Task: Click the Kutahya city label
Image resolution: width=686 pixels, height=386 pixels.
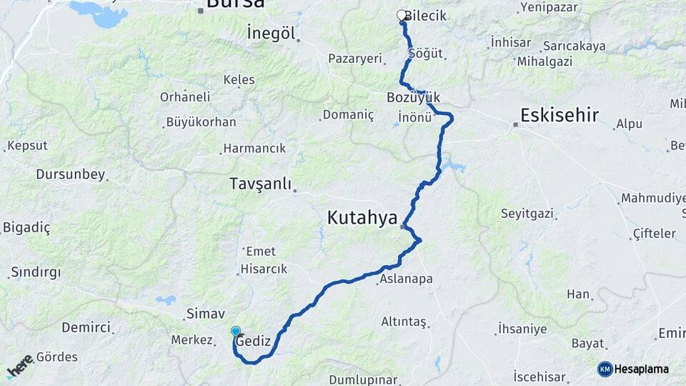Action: click(362, 218)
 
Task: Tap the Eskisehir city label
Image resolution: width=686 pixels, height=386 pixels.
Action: click(560, 115)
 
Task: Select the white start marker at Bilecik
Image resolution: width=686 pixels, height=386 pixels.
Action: click(402, 15)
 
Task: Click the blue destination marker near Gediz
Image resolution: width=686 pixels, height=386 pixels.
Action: click(236, 331)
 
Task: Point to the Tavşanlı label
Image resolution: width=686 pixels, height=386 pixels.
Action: click(261, 184)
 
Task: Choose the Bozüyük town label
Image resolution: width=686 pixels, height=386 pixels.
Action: click(413, 97)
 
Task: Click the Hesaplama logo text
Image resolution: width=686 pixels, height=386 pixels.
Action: click(642, 369)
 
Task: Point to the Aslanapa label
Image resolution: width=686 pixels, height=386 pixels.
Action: click(406, 279)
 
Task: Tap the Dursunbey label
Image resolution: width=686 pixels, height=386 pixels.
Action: click(70, 174)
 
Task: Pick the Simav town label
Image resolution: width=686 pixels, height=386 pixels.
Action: click(205, 313)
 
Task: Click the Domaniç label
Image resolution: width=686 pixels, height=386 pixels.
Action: click(348, 114)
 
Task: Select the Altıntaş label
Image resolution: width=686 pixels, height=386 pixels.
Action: click(404, 322)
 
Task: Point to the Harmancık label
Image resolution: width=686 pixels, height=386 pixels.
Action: click(254, 148)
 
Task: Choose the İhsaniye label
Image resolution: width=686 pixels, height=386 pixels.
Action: click(521, 330)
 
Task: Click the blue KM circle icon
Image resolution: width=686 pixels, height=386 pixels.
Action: click(605, 369)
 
